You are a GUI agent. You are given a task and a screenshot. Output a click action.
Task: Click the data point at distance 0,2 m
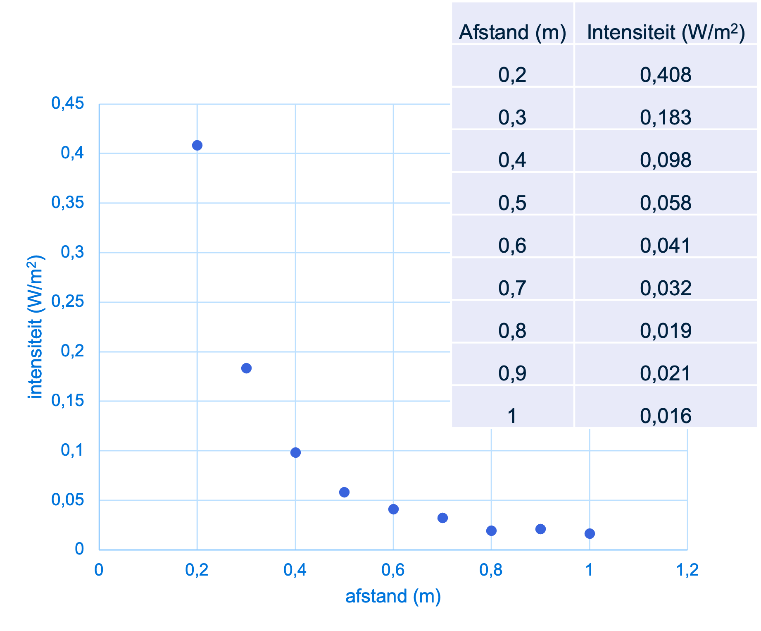[x=197, y=146]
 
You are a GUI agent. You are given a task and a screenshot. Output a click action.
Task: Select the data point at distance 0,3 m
[x=246, y=368]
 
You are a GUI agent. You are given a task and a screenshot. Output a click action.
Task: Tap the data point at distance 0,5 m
[x=344, y=492]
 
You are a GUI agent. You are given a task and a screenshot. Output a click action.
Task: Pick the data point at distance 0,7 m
[x=442, y=518]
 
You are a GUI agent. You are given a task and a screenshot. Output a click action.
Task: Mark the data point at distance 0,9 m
[x=540, y=529]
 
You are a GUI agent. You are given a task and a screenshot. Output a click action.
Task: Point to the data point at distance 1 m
[x=590, y=533]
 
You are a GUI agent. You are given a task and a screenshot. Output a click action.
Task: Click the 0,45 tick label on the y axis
[x=68, y=103]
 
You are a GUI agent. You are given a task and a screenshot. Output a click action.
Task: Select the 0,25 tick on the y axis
[x=68, y=301]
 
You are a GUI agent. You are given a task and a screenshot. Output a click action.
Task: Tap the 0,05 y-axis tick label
[x=68, y=500]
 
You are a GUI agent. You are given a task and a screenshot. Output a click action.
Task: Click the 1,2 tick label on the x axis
[x=687, y=570]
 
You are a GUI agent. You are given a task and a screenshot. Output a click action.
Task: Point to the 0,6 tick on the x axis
[x=393, y=570]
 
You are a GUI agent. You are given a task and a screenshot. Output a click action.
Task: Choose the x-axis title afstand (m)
[x=393, y=596]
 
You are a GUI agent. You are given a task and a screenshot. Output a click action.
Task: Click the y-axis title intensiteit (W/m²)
[x=36, y=327]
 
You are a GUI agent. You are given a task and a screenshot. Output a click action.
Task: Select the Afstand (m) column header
[x=512, y=32]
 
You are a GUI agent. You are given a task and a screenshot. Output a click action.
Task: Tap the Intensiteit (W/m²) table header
[x=666, y=32]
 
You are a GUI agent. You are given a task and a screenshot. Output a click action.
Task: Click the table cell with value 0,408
[x=666, y=75]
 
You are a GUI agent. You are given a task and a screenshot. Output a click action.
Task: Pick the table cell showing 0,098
[x=666, y=160]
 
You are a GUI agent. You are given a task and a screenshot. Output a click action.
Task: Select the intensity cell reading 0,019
[x=666, y=330]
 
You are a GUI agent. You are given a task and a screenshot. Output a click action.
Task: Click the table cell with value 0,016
[x=666, y=416]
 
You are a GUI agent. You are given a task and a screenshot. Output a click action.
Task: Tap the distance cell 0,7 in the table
[x=512, y=288]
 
